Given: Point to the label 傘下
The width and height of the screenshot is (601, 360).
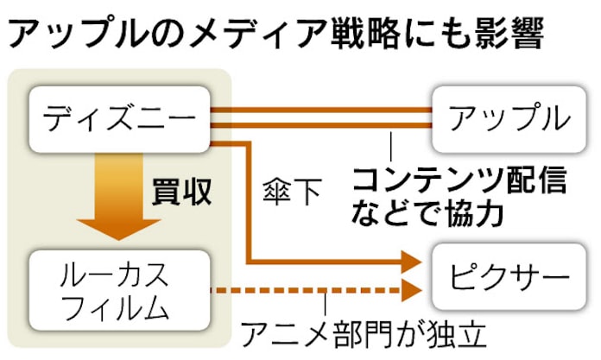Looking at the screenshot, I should click(291, 192).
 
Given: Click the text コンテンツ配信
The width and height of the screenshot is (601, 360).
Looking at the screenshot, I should click(459, 180).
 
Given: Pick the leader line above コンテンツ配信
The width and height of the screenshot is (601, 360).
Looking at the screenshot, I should click(392, 142).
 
